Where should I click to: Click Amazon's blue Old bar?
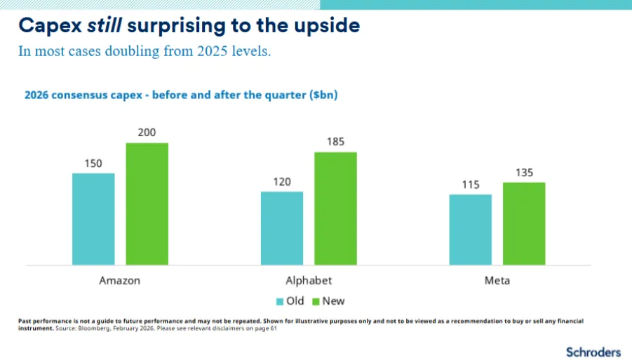[93, 219]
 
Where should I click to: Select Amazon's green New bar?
[147, 204]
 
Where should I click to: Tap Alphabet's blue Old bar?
[282, 228]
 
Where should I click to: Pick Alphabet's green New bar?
[336, 208]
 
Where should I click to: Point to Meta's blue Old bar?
[471, 229]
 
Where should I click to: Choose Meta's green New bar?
[524, 224]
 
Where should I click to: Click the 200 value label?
[147, 133]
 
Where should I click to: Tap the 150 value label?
[93, 164]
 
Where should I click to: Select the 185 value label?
[336, 142]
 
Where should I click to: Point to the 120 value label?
[282, 182]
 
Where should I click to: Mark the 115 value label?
[471, 185]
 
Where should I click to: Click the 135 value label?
[524, 173]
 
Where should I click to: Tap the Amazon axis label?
[120, 281]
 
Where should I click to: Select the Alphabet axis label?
[309, 281]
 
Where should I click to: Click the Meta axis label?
[497, 281]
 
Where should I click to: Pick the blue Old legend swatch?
[280, 302]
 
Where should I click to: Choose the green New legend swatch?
[316, 302]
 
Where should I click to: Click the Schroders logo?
[593, 351]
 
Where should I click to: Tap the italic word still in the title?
[105, 26]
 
